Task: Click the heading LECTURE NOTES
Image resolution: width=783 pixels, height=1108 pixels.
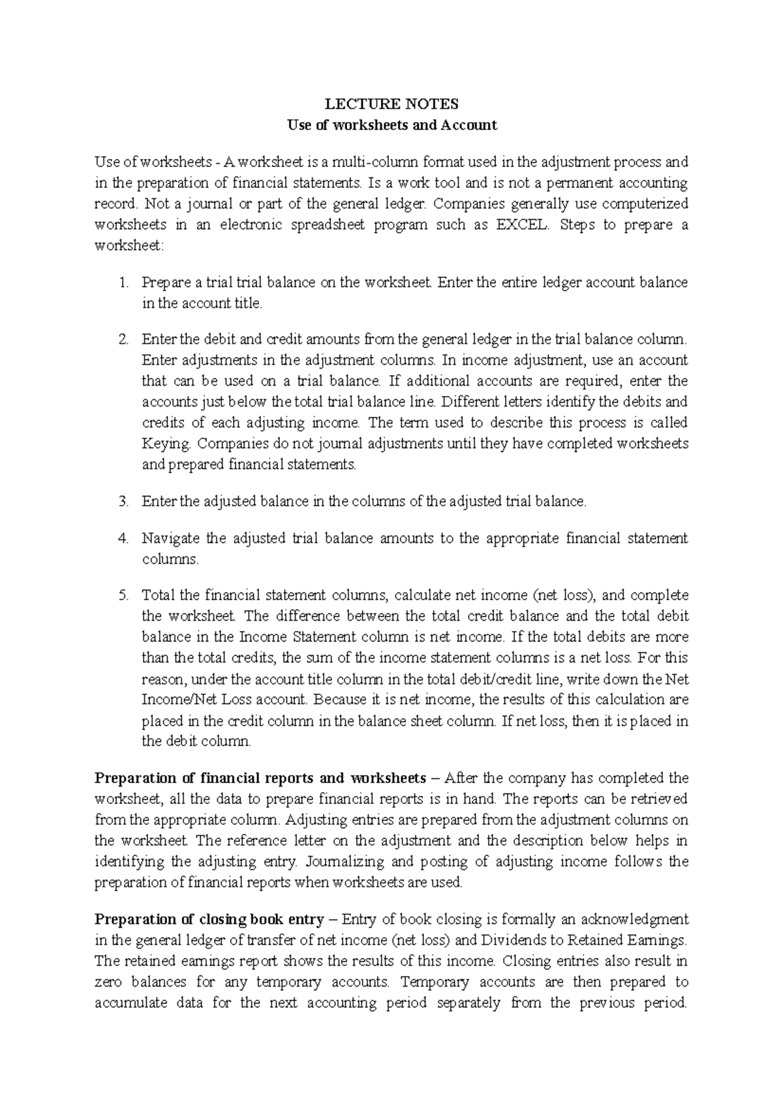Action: [x=392, y=104]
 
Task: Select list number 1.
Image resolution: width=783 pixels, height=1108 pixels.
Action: [x=125, y=283]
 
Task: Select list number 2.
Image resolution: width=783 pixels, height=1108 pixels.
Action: [x=125, y=339]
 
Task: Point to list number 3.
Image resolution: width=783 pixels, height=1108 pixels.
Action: [x=125, y=502]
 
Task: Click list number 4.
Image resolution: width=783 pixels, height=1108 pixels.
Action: [x=125, y=538]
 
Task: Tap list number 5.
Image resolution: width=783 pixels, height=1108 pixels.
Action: [x=125, y=595]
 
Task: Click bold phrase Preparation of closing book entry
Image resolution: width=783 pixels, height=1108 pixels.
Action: [x=209, y=919]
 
